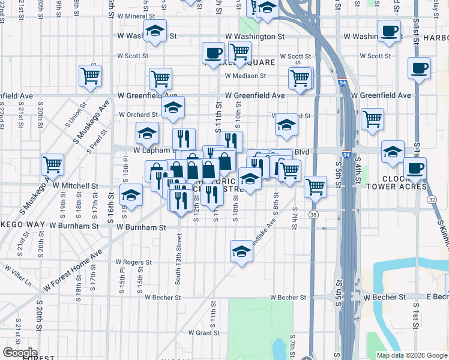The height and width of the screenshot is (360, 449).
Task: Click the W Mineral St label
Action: [136, 16]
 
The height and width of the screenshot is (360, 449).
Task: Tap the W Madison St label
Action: [245, 76]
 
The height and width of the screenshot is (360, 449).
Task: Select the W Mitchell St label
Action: [75, 187]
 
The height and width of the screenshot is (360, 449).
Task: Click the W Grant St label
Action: [205, 332]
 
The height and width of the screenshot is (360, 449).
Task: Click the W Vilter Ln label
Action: [19, 272]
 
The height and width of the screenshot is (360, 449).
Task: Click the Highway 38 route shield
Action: [314, 214]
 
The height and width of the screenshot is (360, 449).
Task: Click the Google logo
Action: [20, 353]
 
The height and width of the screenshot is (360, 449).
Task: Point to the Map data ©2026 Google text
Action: [411, 355]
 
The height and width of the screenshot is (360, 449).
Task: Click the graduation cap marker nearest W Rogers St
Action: [241, 250]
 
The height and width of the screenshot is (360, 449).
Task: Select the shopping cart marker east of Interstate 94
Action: [373, 118]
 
